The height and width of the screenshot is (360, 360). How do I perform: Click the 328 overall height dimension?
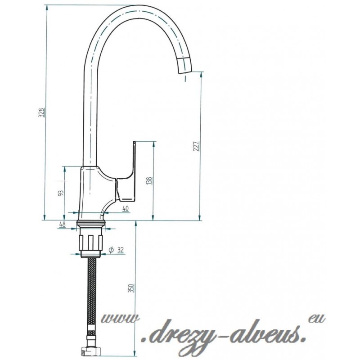(41, 112)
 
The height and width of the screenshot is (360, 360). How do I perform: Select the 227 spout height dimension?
(197, 146)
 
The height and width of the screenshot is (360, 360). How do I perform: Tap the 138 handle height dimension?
(149, 181)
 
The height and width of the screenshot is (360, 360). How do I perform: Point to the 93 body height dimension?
(61, 193)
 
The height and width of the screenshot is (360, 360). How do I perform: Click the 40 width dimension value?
(126, 208)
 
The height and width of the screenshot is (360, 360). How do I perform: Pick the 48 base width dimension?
(62, 224)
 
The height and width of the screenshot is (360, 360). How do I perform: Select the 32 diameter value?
(120, 250)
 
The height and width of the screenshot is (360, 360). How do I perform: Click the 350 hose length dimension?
(131, 288)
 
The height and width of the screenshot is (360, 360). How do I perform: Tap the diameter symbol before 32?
(111, 250)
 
